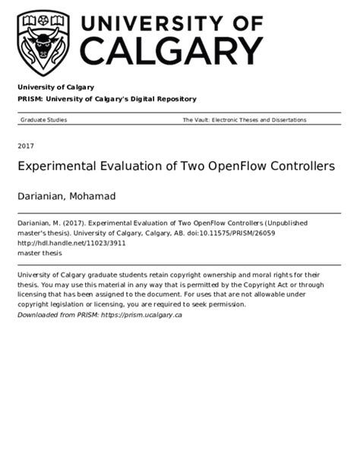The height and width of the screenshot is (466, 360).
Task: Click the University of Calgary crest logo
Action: pyautogui.click(x=44, y=38)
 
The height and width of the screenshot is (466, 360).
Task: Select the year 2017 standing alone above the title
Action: pyautogui.click(x=26, y=144)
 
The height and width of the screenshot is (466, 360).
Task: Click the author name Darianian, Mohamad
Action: pyautogui.click(x=66, y=196)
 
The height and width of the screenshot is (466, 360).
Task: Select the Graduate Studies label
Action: pyautogui.click(x=43, y=120)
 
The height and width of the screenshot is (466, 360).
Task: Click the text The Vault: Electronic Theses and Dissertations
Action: pyautogui.click(x=245, y=120)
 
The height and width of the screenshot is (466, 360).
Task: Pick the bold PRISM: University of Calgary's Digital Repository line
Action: pyautogui.click(x=106, y=99)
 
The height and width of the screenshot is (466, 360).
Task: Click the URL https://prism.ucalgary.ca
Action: pyautogui.click(x=141, y=315)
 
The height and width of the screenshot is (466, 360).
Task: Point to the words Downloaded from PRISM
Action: pyautogui.click(x=58, y=315)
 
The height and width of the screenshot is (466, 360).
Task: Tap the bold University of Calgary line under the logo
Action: pyautogui.click(x=55, y=87)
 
